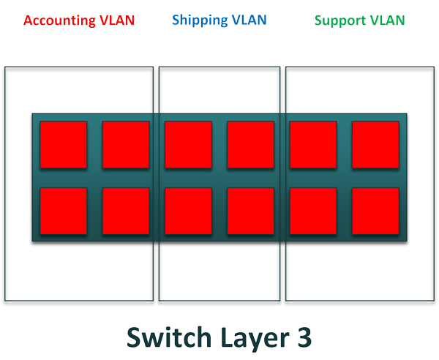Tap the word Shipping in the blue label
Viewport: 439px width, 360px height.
coord(199,20)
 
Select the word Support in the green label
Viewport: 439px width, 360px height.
coord(342,20)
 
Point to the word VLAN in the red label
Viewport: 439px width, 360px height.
coord(117,20)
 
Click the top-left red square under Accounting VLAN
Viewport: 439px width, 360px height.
coord(63,145)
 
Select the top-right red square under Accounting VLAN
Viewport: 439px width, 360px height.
coord(125,145)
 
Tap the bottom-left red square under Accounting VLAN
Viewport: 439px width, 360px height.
coord(63,211)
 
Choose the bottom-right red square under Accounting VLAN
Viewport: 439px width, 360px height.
coord(125,211)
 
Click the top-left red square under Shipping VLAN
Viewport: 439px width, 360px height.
coord(188,145)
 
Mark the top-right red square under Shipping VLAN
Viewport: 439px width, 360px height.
coord(251,145)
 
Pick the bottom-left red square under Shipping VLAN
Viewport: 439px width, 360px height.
coord(188,211)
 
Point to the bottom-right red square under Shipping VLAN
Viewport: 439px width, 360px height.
coord(251,211)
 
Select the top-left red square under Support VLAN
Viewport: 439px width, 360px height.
coord(313,145)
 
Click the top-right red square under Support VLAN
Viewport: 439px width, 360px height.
coord(375,145)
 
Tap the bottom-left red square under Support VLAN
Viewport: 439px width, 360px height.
coord(313,211)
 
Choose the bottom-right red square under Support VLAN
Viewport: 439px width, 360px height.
coord(375,211)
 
